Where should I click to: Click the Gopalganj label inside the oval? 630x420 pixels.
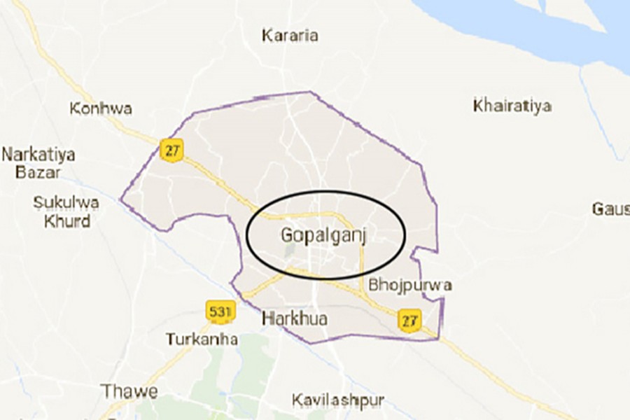pyautogui.click(x=325, y=235)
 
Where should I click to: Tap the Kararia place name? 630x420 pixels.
pyautogui.click(x=290, y=34)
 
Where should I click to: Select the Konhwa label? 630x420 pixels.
pyautogui.click(x=101, y=109)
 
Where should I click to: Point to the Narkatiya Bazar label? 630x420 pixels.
pyautogui.click(x=38, y=163)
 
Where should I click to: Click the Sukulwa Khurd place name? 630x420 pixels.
pyautogui.click(x=66, y=212)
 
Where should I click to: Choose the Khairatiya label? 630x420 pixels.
pyautogui.click(x=512, y=106)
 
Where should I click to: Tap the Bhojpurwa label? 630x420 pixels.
pyautogui.click(x=409, y=286)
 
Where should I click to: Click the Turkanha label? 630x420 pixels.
pyautogui.click(x=202, y=339)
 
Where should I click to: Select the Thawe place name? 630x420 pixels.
pyautogui.click(x=129, y=390)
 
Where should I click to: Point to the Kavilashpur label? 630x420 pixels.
pyautogui.click(x=338, y=400)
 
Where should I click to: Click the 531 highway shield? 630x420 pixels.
pyautogui.click(x=218, y=309)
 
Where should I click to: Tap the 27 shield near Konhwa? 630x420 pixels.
pyautogui.click(x=171, y=150)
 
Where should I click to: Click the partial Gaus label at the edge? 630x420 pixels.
pyautogui.click(x=610, y=209)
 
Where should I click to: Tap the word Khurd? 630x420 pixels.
pyautogui.click(x=66, y=221)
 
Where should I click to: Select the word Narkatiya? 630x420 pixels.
pyautogui.click(x=38, y=154)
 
